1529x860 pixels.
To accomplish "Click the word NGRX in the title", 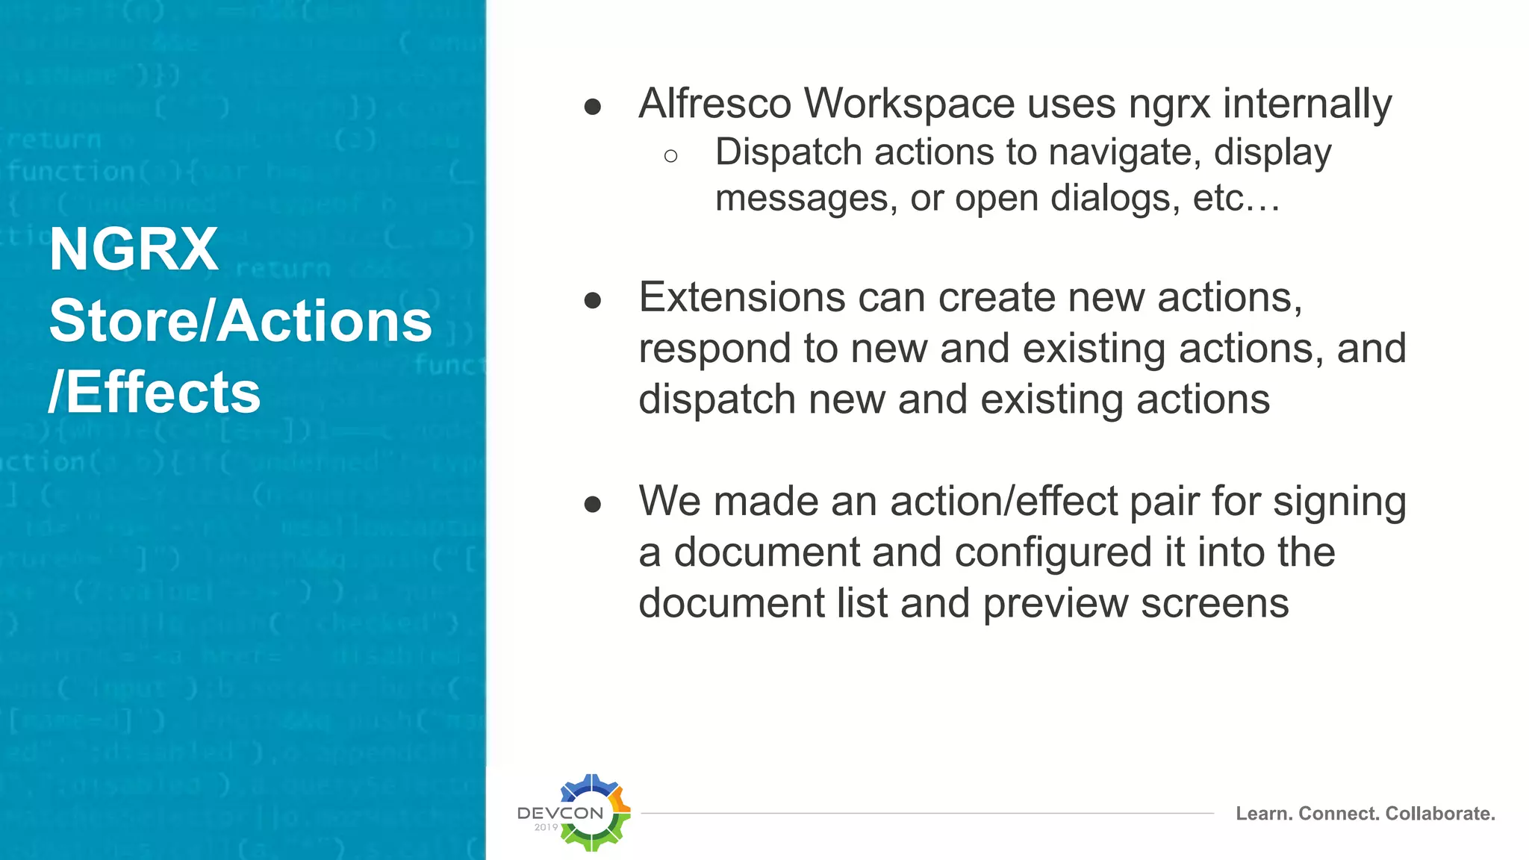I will [134, 249].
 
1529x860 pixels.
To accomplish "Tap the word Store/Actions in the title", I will [240, 321].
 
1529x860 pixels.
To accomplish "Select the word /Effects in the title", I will [155, 393].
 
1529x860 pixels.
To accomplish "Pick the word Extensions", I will [741, 297].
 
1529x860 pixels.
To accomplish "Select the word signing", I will [1339, 502].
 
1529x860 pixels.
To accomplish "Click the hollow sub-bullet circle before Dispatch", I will [670, 156].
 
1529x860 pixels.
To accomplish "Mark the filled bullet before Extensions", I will [593, 301].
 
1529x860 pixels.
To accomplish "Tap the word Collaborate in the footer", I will [1439, 814].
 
